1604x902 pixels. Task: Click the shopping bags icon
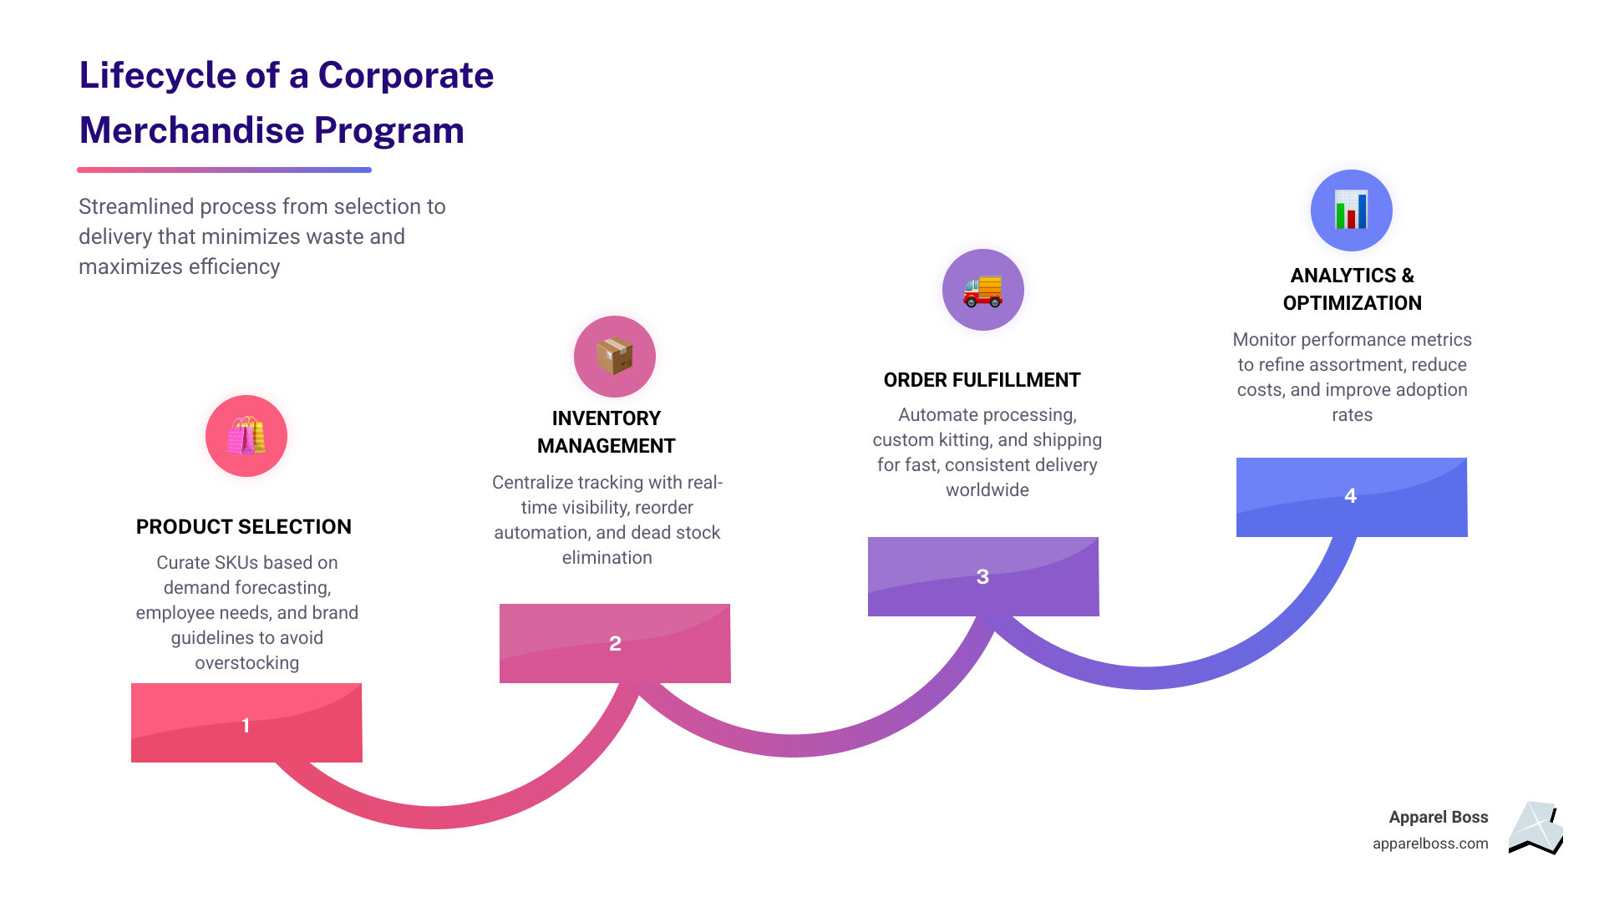point(246,436)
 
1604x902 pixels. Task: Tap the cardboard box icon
point(614,357)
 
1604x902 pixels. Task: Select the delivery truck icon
point(982,291)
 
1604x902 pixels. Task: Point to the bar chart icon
point(1351,210)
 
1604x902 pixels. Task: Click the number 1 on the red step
point(246,725)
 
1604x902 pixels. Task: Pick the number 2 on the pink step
point(615,643)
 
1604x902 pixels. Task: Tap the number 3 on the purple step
point(982,576)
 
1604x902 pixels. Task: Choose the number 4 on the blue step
point(1350,495)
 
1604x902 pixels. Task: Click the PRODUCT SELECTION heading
point(244,527)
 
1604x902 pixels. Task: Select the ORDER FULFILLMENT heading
point(982,380)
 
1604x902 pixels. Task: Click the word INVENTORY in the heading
point(607,418)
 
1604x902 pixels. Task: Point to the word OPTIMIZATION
point(1353,303)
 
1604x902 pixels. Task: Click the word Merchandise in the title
point(191,130)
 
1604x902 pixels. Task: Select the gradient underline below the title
point(224,170)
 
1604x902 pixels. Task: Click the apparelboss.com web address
point(1430,844)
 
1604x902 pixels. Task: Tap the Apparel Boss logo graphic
point(1535,829)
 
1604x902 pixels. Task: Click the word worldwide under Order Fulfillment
point(987,490)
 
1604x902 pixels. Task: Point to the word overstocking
point(247,663)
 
